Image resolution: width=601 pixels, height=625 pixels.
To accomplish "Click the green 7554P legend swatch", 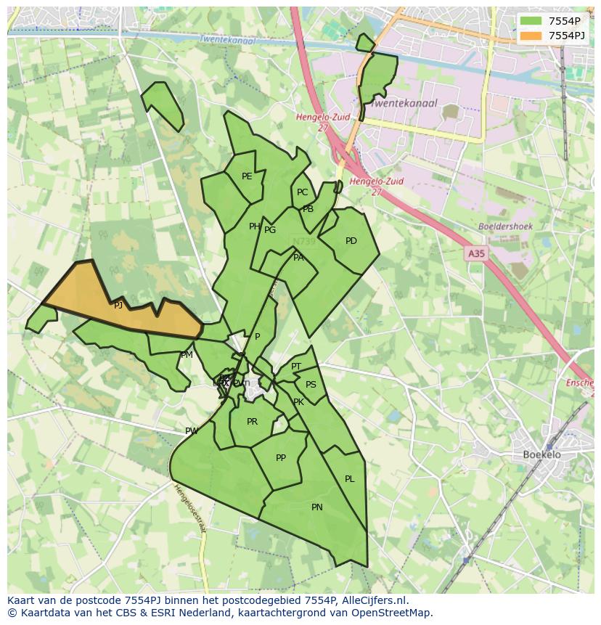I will [531, 21].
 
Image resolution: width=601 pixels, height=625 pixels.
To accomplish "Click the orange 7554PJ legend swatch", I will [531, 36].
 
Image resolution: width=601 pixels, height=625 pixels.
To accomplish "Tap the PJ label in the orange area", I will [118, 306].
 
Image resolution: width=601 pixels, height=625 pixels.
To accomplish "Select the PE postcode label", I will [247, 176].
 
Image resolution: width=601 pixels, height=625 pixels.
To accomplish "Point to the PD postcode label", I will [351, 241].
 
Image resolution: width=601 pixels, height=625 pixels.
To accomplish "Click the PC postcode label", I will [303, 192].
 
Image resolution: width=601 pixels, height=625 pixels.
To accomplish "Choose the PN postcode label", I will [317, 507].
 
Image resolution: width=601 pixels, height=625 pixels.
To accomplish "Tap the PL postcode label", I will [350, 479].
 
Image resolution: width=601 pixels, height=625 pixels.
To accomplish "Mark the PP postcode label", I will [281, 458].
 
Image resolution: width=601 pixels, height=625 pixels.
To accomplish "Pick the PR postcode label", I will [252, 422].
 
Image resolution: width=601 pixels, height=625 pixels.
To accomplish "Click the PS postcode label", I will [311, 385].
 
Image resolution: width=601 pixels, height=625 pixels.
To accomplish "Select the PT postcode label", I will [296, 367].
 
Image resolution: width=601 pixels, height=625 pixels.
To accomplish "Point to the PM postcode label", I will [187, 355].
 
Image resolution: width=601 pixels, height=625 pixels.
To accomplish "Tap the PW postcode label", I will [192, 431].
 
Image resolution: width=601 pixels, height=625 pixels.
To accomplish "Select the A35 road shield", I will [476, 253].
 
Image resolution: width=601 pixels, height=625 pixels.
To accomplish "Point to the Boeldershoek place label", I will [505, 226].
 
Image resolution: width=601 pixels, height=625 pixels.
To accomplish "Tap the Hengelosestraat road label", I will [189, 509].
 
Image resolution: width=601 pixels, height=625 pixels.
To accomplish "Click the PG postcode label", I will [270, 230].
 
